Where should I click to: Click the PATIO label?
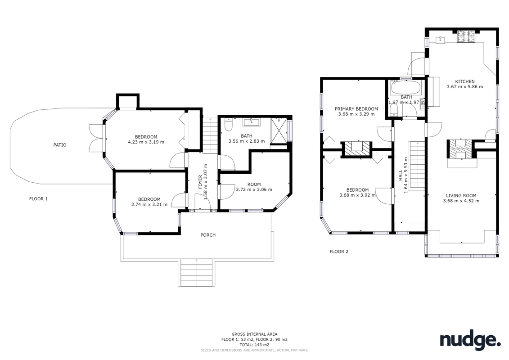pos(60,145)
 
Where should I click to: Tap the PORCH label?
pos(208,235)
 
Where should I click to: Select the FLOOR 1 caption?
pos(38,198)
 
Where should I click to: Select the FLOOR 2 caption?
pos(339,251)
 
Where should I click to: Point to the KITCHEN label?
pos(465,81)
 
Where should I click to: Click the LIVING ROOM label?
pos(461,195)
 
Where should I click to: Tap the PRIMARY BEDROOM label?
pos(356,109)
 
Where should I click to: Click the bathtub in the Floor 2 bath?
pos(406,87)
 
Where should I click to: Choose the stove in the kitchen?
pos(465,37)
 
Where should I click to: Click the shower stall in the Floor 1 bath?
pos(279,130)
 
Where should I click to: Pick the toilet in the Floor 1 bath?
pos(228,125)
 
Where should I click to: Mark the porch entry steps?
pos(196,273)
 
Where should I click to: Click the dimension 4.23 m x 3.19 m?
pos(146,142)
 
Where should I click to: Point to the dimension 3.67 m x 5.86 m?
pos(465,87)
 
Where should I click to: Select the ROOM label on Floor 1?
pos(254,184)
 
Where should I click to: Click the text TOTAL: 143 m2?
pos(254,345)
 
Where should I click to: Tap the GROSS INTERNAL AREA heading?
pos(254,334)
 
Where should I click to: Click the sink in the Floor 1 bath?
pos(251,122)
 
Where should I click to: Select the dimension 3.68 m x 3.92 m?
pos(357,195)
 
